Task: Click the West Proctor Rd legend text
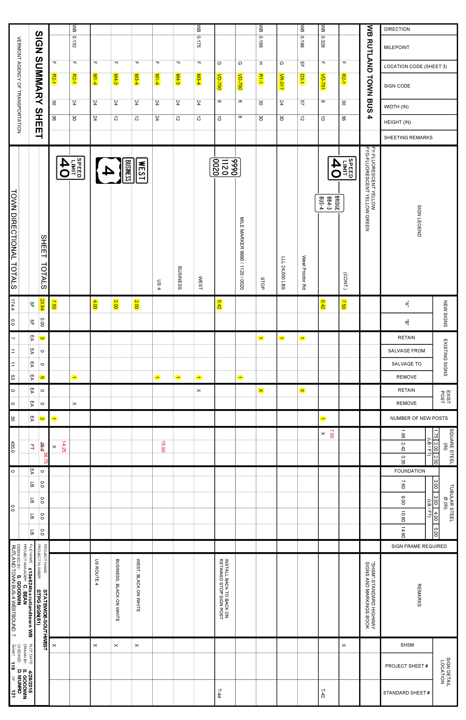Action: point(304,272)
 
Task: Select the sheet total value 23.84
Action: point(42,304)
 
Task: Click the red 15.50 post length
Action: point(163,447)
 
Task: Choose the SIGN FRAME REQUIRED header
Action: point(419,546)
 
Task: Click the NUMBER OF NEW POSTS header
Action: point(419,418)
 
